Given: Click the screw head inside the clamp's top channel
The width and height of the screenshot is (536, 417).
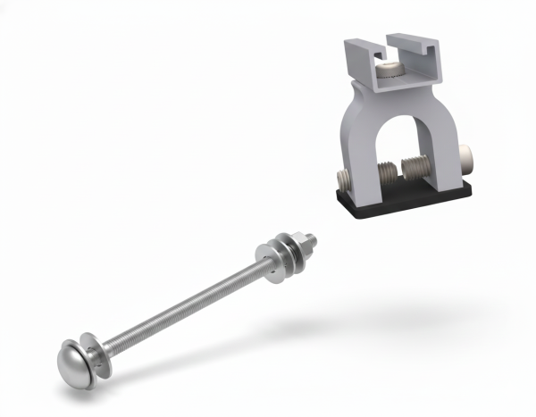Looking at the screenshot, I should click(390, 69).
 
